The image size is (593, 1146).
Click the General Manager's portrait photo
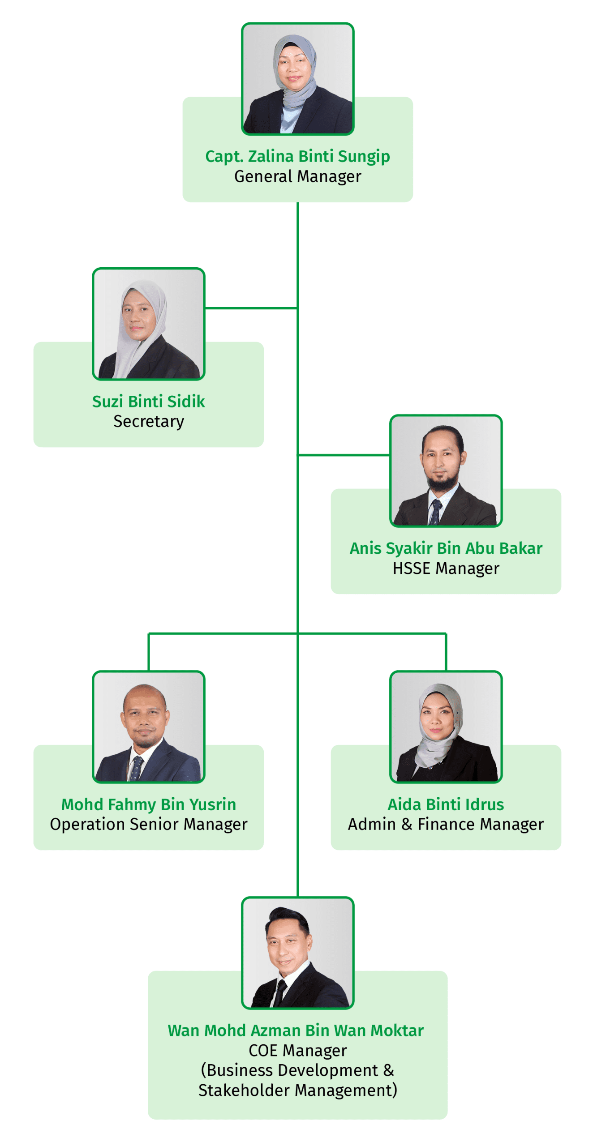pyautogui.click(x=297, y=79)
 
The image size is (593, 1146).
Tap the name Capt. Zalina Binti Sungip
pyautogui.click(x=297, y=157)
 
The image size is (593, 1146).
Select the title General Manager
pyautogui.click(x=297, y=176)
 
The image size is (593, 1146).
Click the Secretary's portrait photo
pyautogui.click(x=148, y=324)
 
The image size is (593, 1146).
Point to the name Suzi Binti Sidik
pyautogui.click(x=148, y=401)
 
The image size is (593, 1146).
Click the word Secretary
pyautogui.click(x=148, y=421)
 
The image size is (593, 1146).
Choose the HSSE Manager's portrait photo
pyautogui.click(x=446, y=470)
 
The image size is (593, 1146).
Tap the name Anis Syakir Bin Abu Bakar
pyautogui.click(x=446, y=548)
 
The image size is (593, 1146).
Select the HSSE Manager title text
pyautogui.click(x=446, y=568)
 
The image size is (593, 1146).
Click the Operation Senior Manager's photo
pyautogui.click(x=148, y=727)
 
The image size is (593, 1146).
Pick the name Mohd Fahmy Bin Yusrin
pyautogui.click(x=148, y=804)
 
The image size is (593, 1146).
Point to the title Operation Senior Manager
pyautogui.click(x=148, y=824)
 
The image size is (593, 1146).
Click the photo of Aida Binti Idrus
pyautogui.click(x=446, y=727)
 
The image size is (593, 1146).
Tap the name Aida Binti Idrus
pyautogui.click(x=446, y=804)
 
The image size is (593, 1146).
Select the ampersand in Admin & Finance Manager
pyautogui.click(x=407, y=824)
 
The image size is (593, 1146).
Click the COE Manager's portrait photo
pyautogui.click(x=297, y=953)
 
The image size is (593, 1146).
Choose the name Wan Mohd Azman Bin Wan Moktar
pyautogui.click(x=296, y=1031)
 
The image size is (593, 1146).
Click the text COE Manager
pyautogui.click(x=297, y=1050)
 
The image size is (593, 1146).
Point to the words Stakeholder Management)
pyautogui.click(x=297, y=1090)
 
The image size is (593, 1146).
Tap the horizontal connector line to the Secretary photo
pyautogui.click(x=251, y=308)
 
